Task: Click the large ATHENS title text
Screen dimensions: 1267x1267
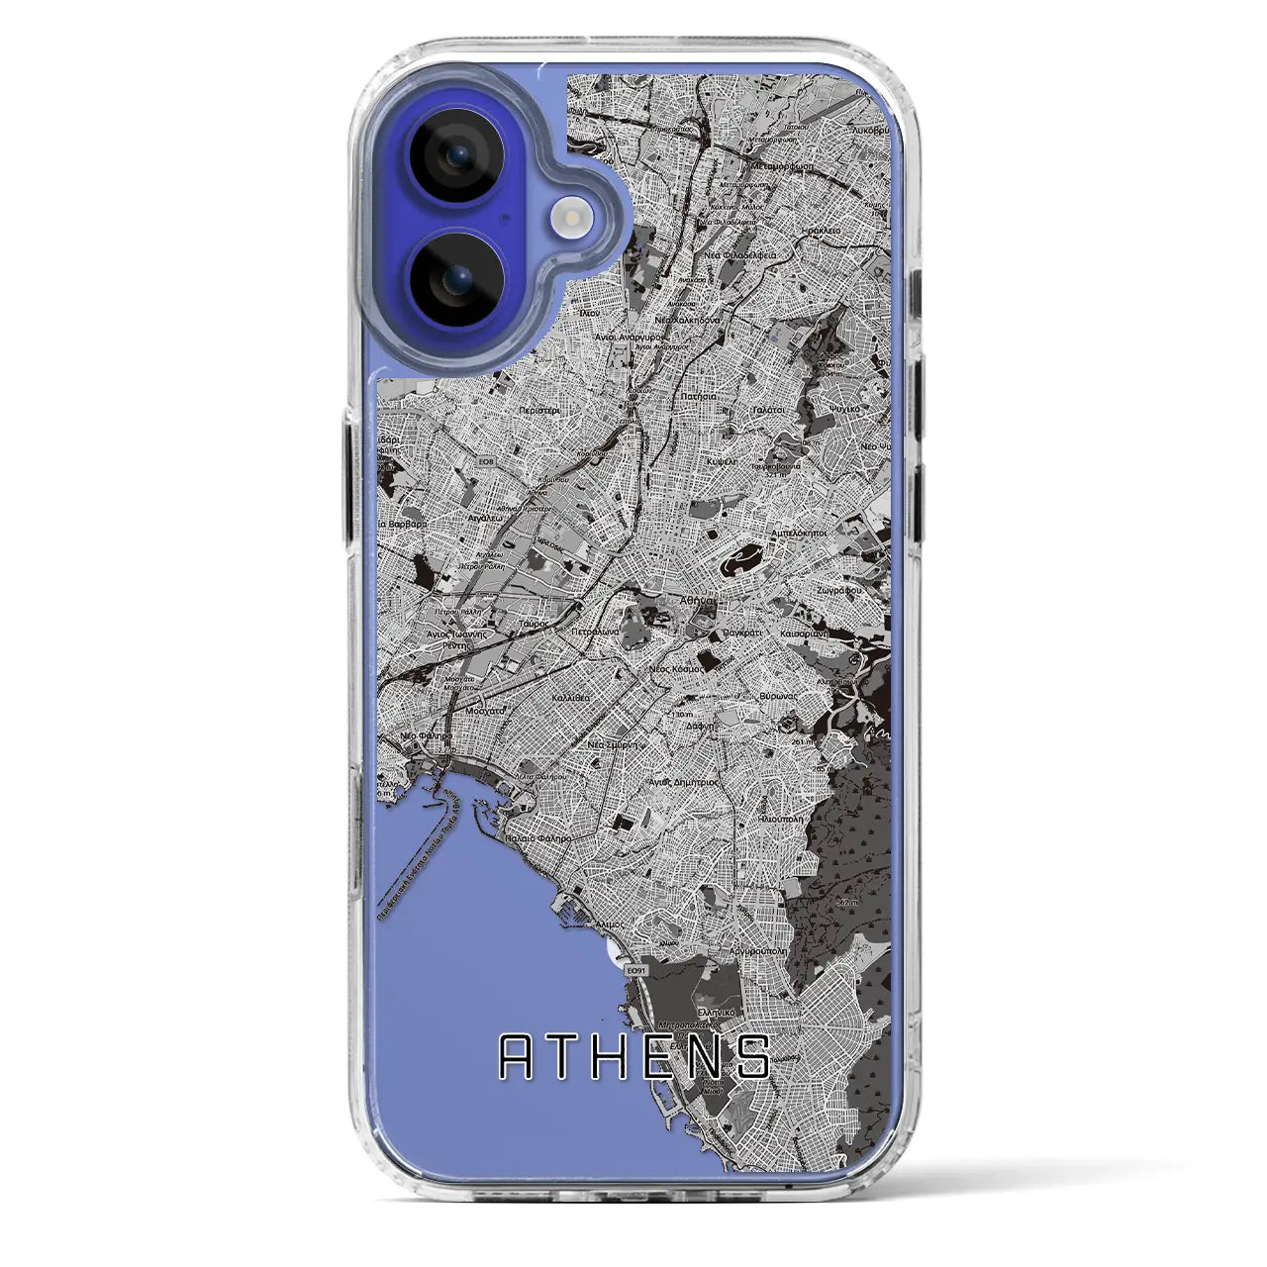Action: pos(634,1056)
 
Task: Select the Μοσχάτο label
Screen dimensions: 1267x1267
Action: pos(485,711)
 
